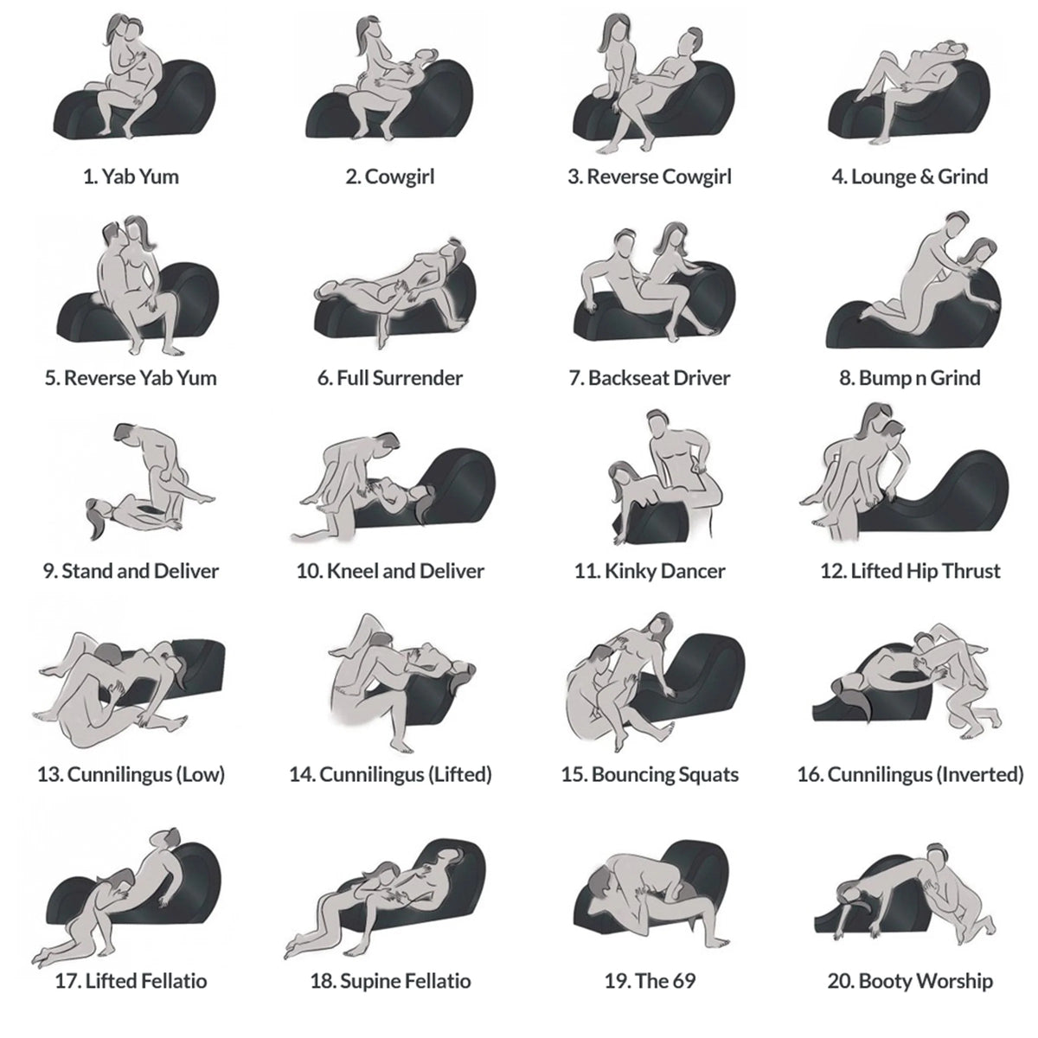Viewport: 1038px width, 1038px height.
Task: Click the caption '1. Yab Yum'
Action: coord(131,177)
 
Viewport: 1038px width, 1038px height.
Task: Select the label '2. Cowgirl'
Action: coord(389,177)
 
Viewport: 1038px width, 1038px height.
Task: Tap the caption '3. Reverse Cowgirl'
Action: coord(650,177)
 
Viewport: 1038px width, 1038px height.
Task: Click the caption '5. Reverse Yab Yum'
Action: coord(131,378)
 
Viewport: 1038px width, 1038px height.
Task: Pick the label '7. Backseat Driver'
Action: coord(650,378)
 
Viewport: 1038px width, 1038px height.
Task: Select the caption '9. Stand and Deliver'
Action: coord(131,571)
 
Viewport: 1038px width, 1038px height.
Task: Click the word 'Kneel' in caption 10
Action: coord(352,571)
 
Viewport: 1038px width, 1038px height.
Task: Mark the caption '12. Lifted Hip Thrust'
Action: coord(910,571)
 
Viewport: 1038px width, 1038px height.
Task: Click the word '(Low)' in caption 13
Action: coord(200,774)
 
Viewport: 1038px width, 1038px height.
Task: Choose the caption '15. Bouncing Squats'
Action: coord(650,774)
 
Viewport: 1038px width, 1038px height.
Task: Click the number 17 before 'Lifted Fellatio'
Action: coord(66,981)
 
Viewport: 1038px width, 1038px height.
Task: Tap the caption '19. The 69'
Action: coord(650,981)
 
